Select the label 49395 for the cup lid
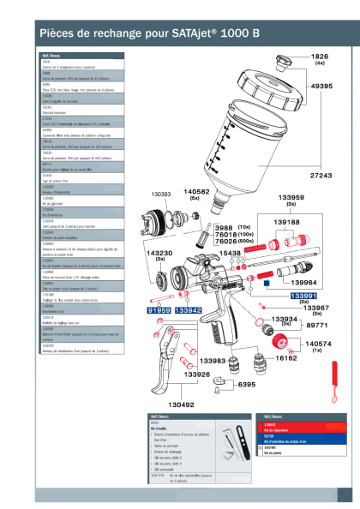point(321,87)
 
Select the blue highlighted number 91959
point(159,310)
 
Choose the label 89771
point(318,326)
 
